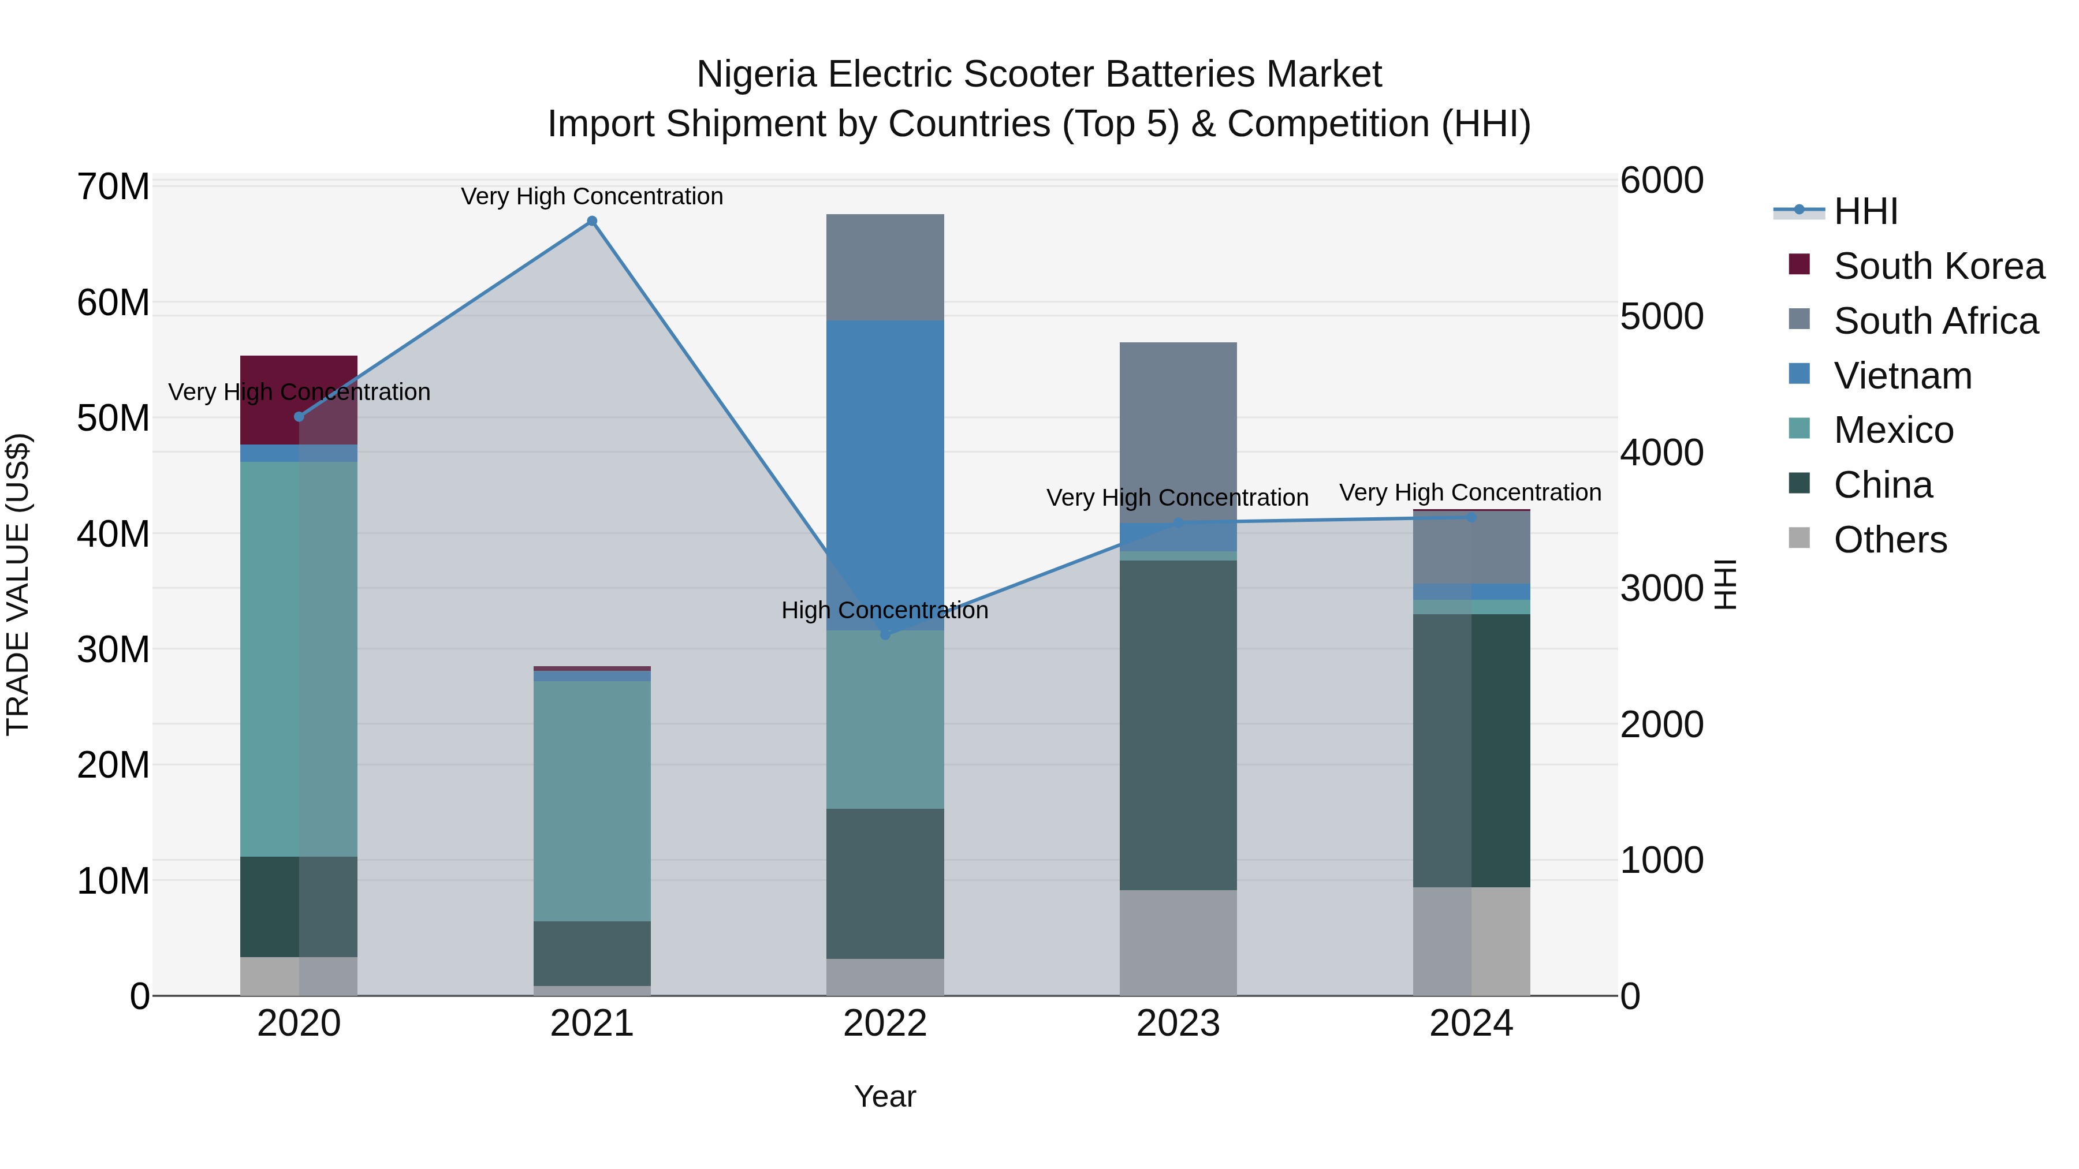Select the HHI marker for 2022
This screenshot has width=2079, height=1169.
[x=885, y=635]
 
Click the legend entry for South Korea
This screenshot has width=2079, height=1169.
[x=1939, y=266]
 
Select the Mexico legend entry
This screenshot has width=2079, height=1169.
[x=1894, y=430]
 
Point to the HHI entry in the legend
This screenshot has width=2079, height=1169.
[x=1865, y=211]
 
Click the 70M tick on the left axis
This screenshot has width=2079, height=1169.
[x=113, y=187]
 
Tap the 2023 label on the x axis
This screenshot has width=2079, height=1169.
[x=1178, y=1024]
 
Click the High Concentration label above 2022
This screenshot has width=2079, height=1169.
[x=885, y=610]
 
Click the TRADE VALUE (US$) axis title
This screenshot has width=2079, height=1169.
[x=18, y=584]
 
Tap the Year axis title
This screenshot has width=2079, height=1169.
[x=885, y=1096]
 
